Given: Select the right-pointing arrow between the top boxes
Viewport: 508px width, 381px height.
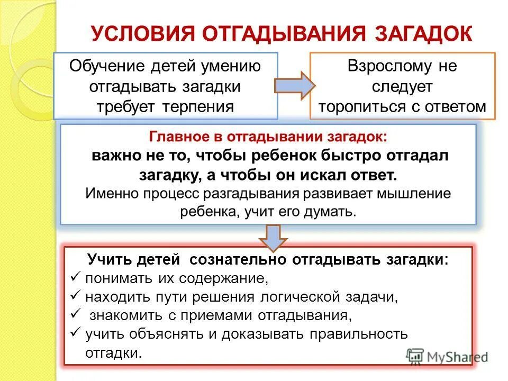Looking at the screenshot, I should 294,85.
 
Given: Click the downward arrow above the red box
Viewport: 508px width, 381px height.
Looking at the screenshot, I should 273,238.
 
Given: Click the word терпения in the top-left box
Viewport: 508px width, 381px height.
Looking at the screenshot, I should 204,105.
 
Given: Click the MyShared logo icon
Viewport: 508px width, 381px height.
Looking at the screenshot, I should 414,356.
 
